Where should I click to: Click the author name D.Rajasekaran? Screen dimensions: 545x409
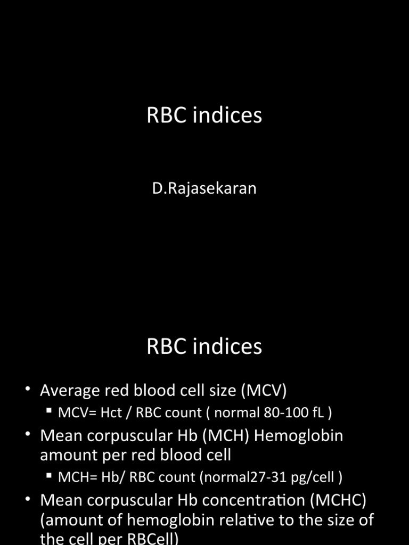(x=204, y=188)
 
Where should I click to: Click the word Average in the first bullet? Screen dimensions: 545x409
(x=70, y=391)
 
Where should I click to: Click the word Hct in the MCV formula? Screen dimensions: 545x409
(x=112, y=412)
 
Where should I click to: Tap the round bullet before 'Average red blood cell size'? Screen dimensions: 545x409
(x=28, y=391)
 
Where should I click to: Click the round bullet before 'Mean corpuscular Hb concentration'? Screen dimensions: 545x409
(x=28, y=500)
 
